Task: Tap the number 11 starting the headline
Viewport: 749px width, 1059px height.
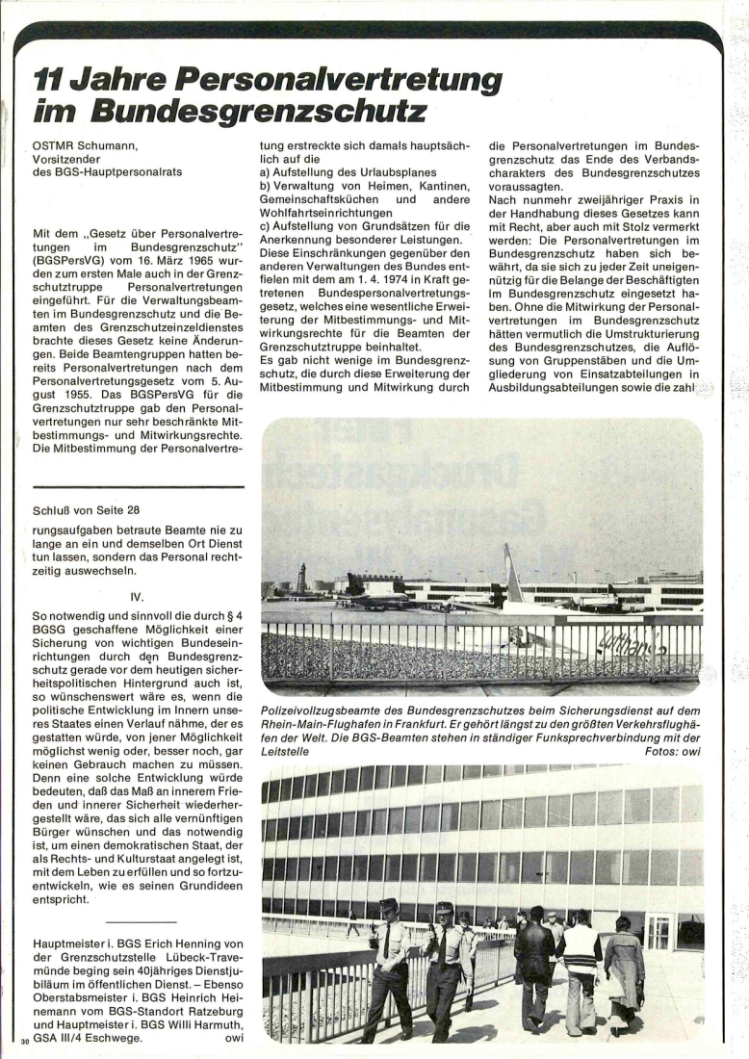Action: point(47,78)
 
